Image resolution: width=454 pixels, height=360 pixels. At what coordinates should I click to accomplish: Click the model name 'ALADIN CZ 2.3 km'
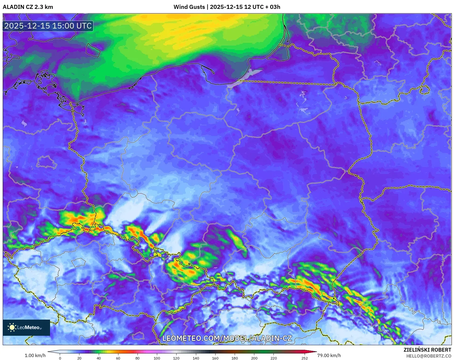tap(28, 7)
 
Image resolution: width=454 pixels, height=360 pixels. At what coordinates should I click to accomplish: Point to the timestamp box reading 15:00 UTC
tap(48, 26)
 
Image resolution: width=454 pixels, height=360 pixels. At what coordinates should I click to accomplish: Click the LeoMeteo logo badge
tap(26, 327)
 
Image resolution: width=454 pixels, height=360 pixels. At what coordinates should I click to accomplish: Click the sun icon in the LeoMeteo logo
tap(12, 327)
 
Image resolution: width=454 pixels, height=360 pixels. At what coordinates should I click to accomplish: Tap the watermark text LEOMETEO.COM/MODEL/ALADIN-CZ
tap(227, 338)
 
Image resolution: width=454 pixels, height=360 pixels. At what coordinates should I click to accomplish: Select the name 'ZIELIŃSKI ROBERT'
tap(427, 350)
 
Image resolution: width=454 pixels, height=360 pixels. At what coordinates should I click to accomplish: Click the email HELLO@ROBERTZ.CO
tap(428, 356)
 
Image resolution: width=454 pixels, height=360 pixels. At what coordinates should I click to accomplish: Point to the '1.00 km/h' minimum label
tap(35, 355)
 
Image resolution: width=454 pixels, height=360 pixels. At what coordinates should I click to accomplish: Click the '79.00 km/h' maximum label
tap(329, 355)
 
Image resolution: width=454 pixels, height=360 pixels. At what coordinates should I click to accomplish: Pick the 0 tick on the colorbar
tap(60, 358)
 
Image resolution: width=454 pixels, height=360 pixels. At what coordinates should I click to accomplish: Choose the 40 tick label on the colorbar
tap(99, 358)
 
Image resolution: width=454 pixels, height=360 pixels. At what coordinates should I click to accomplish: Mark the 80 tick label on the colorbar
tap(138, 358)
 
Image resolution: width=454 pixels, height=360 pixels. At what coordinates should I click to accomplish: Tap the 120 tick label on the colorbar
tap(176, 358)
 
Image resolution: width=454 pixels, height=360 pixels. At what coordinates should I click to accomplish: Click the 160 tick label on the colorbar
tap(215, 358)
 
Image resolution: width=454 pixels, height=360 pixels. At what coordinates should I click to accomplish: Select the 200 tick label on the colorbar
tap(254, 358)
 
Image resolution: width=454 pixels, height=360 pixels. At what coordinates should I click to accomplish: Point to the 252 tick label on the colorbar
tap(304, 358)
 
